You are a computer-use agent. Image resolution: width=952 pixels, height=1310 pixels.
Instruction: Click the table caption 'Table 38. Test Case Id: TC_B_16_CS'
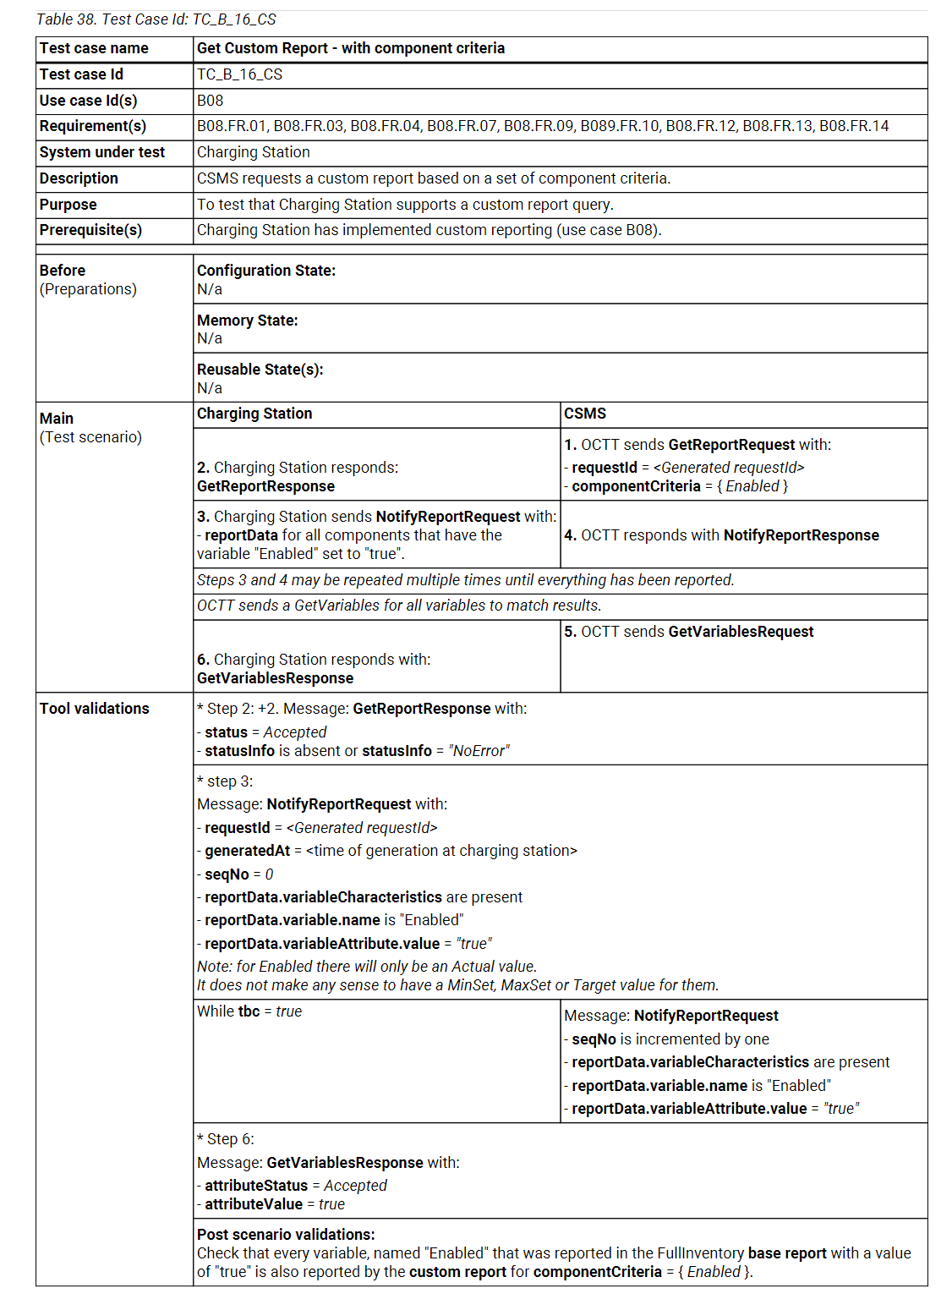pos(156,19)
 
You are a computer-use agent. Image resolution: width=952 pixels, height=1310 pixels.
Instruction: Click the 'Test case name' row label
pos(94,48)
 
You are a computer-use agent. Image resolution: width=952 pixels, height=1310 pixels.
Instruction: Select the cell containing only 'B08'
pos(211,101)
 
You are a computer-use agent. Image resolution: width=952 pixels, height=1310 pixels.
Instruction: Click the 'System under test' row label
pos(102,152)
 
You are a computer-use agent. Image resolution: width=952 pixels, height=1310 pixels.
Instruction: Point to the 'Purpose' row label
pos(68,205)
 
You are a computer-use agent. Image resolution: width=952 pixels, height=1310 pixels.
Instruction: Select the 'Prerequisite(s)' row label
pos(90,230)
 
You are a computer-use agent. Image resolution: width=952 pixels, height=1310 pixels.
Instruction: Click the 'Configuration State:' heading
pos(266,271)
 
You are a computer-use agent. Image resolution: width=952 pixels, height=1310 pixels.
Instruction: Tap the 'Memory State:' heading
pos(248,321)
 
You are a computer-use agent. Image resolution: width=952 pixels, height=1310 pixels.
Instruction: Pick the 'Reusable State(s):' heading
pos(260,370)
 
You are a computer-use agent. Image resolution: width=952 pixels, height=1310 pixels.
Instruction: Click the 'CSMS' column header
pos(585,414)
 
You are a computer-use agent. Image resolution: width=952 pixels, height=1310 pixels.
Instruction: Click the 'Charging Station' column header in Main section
pos(254,414)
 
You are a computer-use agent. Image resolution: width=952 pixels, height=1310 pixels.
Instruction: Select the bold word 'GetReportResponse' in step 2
pos(265,486)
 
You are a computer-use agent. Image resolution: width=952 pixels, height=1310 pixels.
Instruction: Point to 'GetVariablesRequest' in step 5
pos(741,632)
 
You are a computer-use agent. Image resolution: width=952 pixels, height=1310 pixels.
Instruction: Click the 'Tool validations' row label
pos(94,709)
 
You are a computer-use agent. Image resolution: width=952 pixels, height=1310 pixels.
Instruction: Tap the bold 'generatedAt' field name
pos(247,851)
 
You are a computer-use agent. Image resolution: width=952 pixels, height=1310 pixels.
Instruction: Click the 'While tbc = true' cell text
pos(249,1011)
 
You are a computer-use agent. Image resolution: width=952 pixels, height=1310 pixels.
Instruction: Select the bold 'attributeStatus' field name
pos(256,1186)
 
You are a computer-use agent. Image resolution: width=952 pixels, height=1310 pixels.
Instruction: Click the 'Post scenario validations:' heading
pos(286,1235)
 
